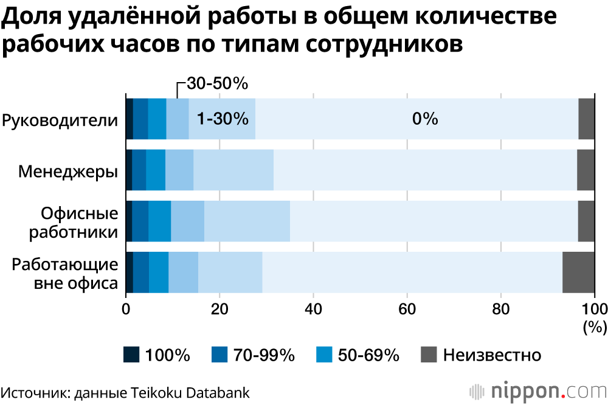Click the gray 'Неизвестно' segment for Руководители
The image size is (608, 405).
pyautogui.click(x=586, y=119)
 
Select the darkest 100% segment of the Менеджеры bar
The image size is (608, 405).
pyautogui.click(x=129, y=170)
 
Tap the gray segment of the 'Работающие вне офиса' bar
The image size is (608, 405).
pyautogui.click(x=578, y=272)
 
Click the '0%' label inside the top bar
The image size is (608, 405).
pyautogui.click(x=425, y=119)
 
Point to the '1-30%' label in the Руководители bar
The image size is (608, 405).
pyautogui.click(x=223, y=119)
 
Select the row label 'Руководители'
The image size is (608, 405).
pyautogui.click(x=60, y=120)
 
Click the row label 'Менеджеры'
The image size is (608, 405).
pyautogui.click(x=67, y=171)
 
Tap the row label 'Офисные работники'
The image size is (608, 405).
pyautogui.click(x=78, y=223)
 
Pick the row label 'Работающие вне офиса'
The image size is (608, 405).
pyautogui.click(x=64, y=274)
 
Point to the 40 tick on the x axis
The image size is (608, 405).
pyautogui.click(x=313, y=308)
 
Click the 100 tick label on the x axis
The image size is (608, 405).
pyautogui.click(x=594, y=308)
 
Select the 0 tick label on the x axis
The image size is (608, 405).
pyautogui.click(x=126, y=308)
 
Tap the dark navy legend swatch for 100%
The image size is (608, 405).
pyautogui.click(x=131, y=355)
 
